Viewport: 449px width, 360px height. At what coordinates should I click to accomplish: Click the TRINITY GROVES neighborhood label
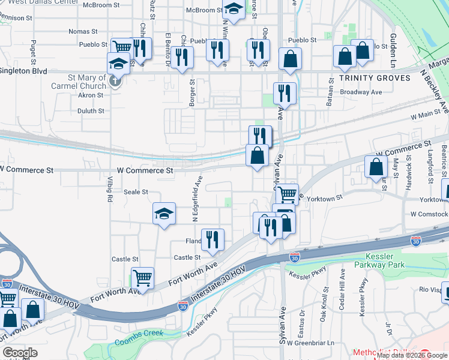pyautogui.click(x=375, y=78)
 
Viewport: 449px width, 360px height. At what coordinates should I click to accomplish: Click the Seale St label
pyautogui.click(x=136, y=192)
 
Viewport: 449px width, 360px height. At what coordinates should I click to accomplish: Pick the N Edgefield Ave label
pyautogui.click(x=196, y=199)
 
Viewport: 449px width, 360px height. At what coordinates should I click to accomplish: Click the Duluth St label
pyautogui.click(x=91, y=111)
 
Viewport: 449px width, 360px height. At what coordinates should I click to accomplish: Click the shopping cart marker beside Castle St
pyautogui.click(x=142, y=278)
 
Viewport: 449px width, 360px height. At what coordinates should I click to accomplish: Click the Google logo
pyautogui.click(x=20, y=353)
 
